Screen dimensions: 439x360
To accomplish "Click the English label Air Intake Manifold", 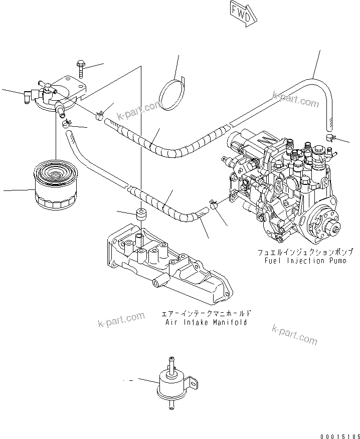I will pos(206,322).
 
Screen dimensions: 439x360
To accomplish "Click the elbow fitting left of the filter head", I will pos(30,95).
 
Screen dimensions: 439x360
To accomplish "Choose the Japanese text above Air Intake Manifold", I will pos(206,314).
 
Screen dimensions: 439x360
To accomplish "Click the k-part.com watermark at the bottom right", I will pos(294,334).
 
